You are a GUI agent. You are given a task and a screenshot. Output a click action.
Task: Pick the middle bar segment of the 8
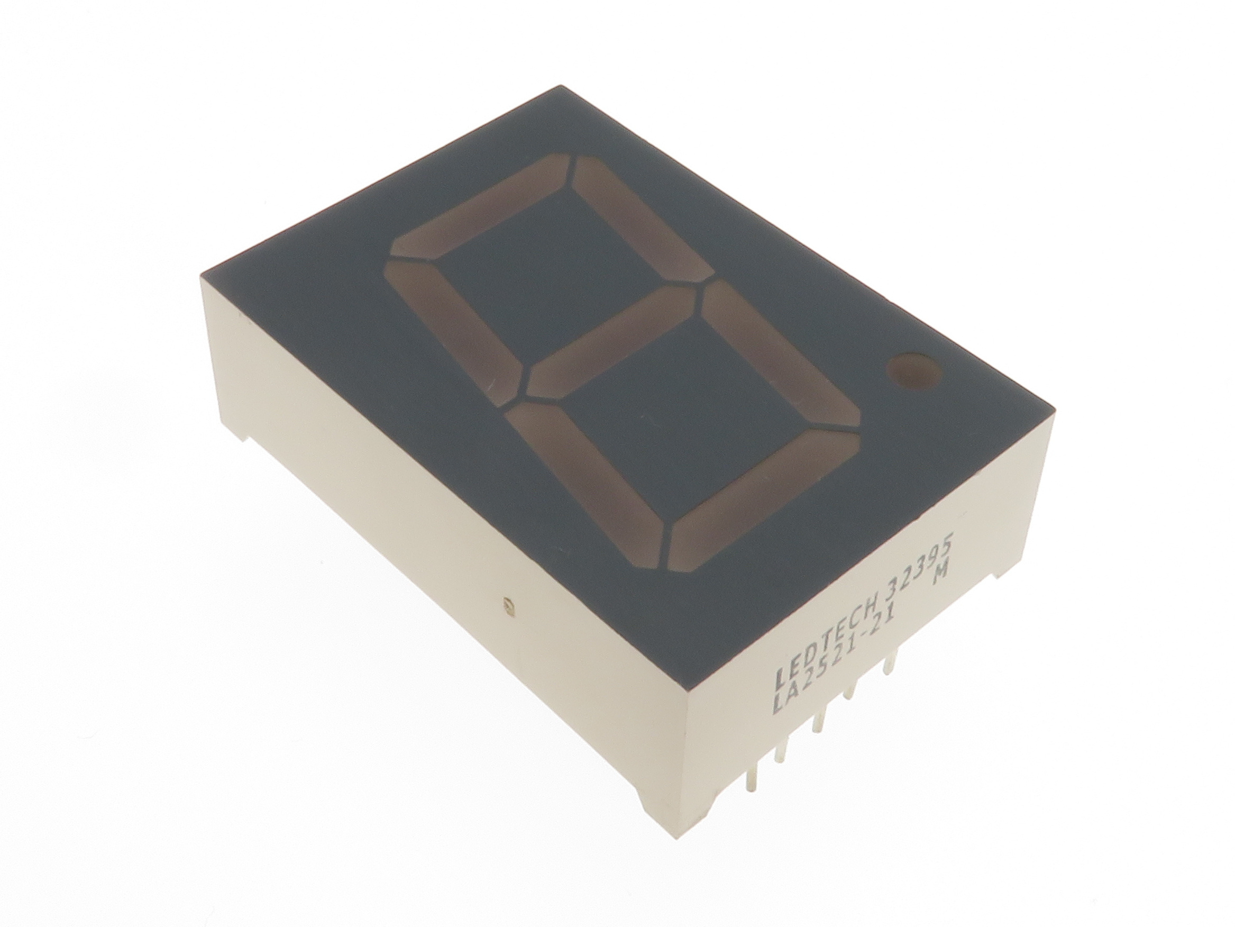[x=612, y=342]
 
